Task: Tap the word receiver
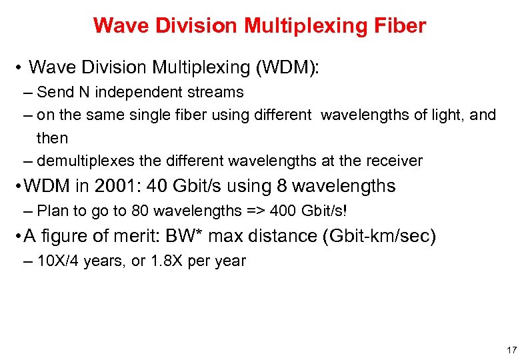(395, 161)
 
